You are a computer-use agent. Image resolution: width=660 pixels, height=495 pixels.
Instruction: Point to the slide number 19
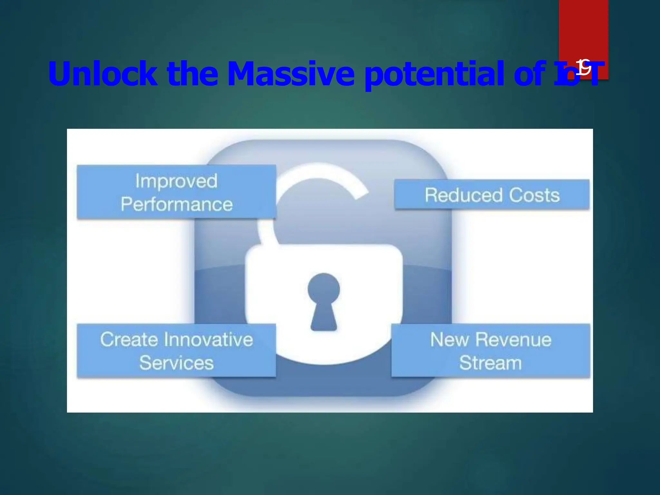pyautogui.click(x=584, y=68)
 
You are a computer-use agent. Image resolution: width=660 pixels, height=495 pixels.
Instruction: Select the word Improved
pyautogui.click(x=176, y=181)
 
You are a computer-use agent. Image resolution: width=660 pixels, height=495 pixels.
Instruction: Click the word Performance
pyautogui.click(x=177, y=204)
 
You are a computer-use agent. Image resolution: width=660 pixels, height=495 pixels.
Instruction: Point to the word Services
pyautogui.click(x=176, y=363)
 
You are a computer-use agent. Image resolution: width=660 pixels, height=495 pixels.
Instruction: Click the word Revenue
pyautogui.click(x=513, y=340)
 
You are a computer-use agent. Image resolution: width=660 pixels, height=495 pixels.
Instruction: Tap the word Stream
pyautogui.click(x=490, y=363)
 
